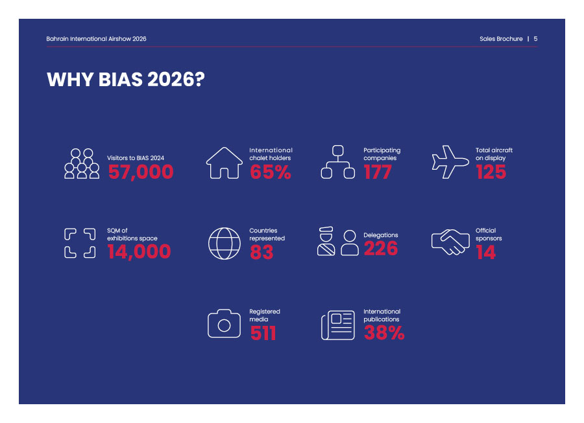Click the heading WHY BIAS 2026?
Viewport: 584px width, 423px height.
coord(126,80)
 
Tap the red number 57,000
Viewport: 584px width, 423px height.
coord(141,172)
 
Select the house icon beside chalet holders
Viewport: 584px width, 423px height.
coord(225,163)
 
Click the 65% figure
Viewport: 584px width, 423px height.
coord(271,172)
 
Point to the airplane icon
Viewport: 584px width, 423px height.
coord(450,162)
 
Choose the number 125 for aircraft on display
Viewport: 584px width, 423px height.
coord(491,172)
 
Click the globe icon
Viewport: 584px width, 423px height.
coord(225,244)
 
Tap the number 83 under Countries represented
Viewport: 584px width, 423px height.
coord(262,252)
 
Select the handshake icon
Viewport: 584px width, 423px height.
coord(450,242)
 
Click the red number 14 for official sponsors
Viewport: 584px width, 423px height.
coord(486,252)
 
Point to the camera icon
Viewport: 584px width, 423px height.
coord(225,323)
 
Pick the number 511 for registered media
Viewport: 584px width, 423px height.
coord(263,333)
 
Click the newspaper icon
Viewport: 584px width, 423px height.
coord(338,325)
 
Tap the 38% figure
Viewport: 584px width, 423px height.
coord(384,332)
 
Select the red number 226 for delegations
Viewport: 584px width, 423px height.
coord(381,248)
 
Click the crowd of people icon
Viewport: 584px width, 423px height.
coord(82,163)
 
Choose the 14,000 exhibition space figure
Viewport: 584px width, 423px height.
coord(140,251)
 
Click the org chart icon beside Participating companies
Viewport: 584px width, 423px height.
coord(338,162)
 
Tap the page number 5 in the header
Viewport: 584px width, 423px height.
coord(535,39)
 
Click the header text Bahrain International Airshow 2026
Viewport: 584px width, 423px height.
coord(96,39)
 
